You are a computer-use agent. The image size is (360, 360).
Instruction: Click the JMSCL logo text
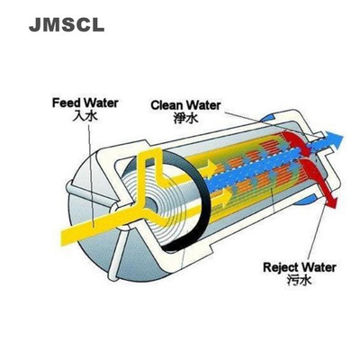[66, 24]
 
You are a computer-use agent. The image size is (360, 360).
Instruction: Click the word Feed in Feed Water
[67, 103]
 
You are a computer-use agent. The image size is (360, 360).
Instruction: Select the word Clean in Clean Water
[167, 104]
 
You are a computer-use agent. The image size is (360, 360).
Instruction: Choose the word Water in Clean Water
[207, 104]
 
